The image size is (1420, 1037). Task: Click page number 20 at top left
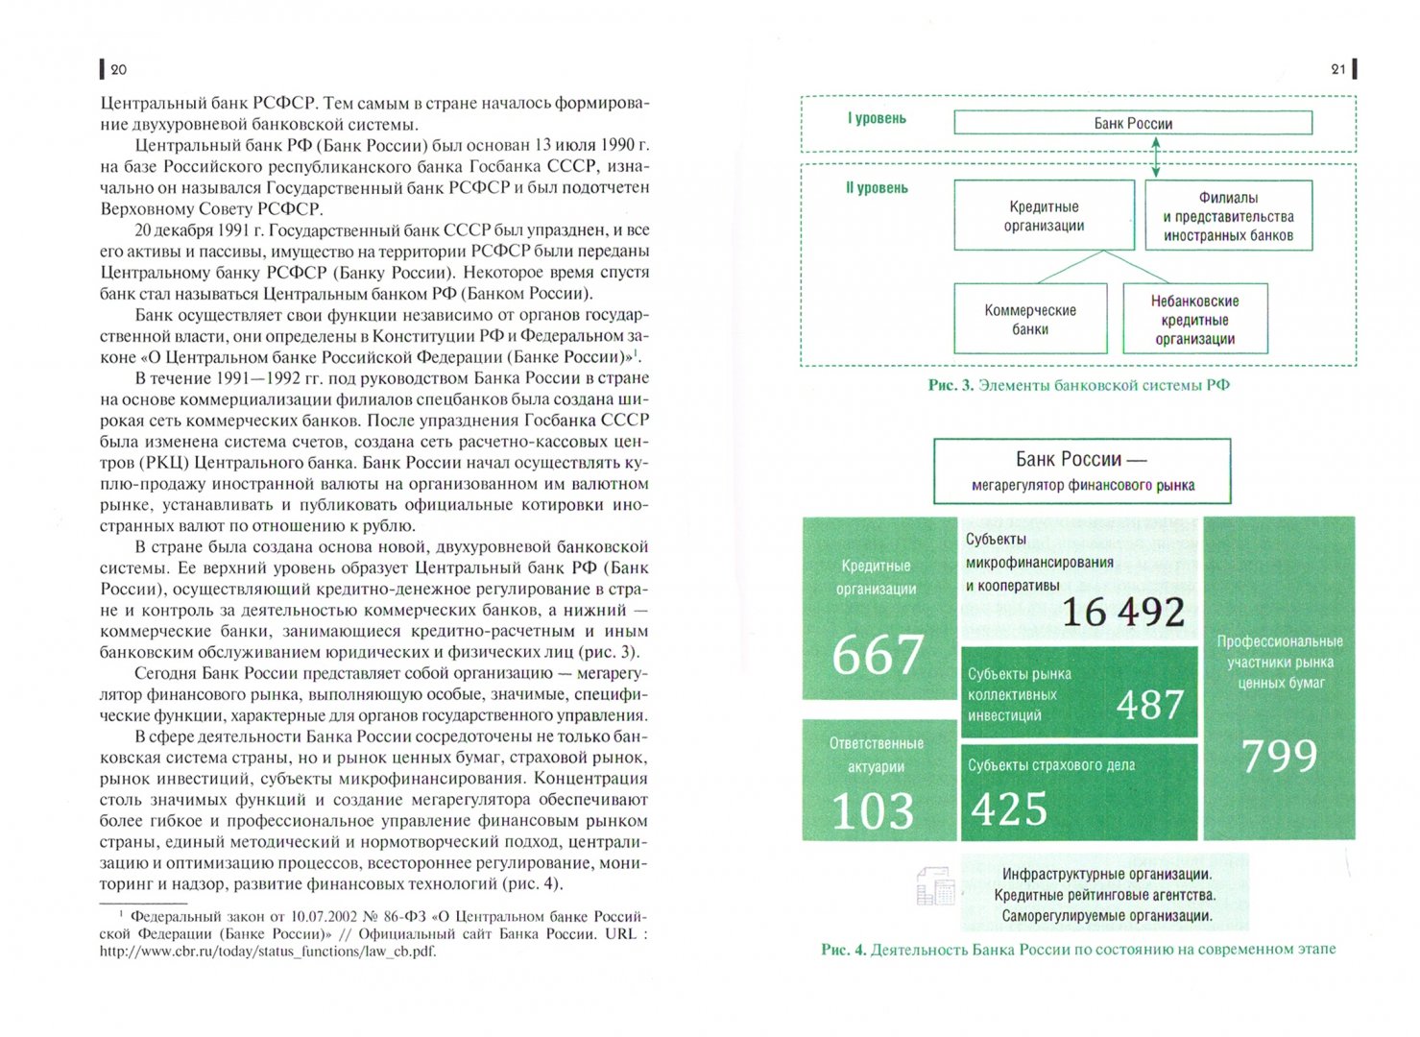tap(118, 69)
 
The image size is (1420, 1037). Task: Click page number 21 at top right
tap(1338, 69)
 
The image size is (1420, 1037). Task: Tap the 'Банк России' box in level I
tap(1133, 123)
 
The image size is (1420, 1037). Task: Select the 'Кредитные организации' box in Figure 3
tap(1044, 216)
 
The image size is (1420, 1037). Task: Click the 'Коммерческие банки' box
tap(1030, 320)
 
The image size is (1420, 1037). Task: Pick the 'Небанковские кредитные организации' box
tap(1195, 320)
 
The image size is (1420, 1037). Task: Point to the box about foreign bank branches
tap(1228, 216)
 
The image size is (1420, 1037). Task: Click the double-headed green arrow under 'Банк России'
tap(1156, 157)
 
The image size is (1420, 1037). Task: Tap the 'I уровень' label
tap(876, 119)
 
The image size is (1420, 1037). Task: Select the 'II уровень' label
tap(877, 188)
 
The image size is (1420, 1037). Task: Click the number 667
tap(878, 655)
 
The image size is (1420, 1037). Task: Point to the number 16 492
tap(1122, 612)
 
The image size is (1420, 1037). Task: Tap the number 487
tap(1150, 705)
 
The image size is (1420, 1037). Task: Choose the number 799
tap(1279, 756)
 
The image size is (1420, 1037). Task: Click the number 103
tap(873, 810)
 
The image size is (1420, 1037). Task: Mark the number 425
tap(1008, 809)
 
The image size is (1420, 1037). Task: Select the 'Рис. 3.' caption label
tap(951, 385)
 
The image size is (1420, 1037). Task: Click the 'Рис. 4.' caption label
tap(843, 950)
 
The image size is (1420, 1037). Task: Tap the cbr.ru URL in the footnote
tap(267, 952)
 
